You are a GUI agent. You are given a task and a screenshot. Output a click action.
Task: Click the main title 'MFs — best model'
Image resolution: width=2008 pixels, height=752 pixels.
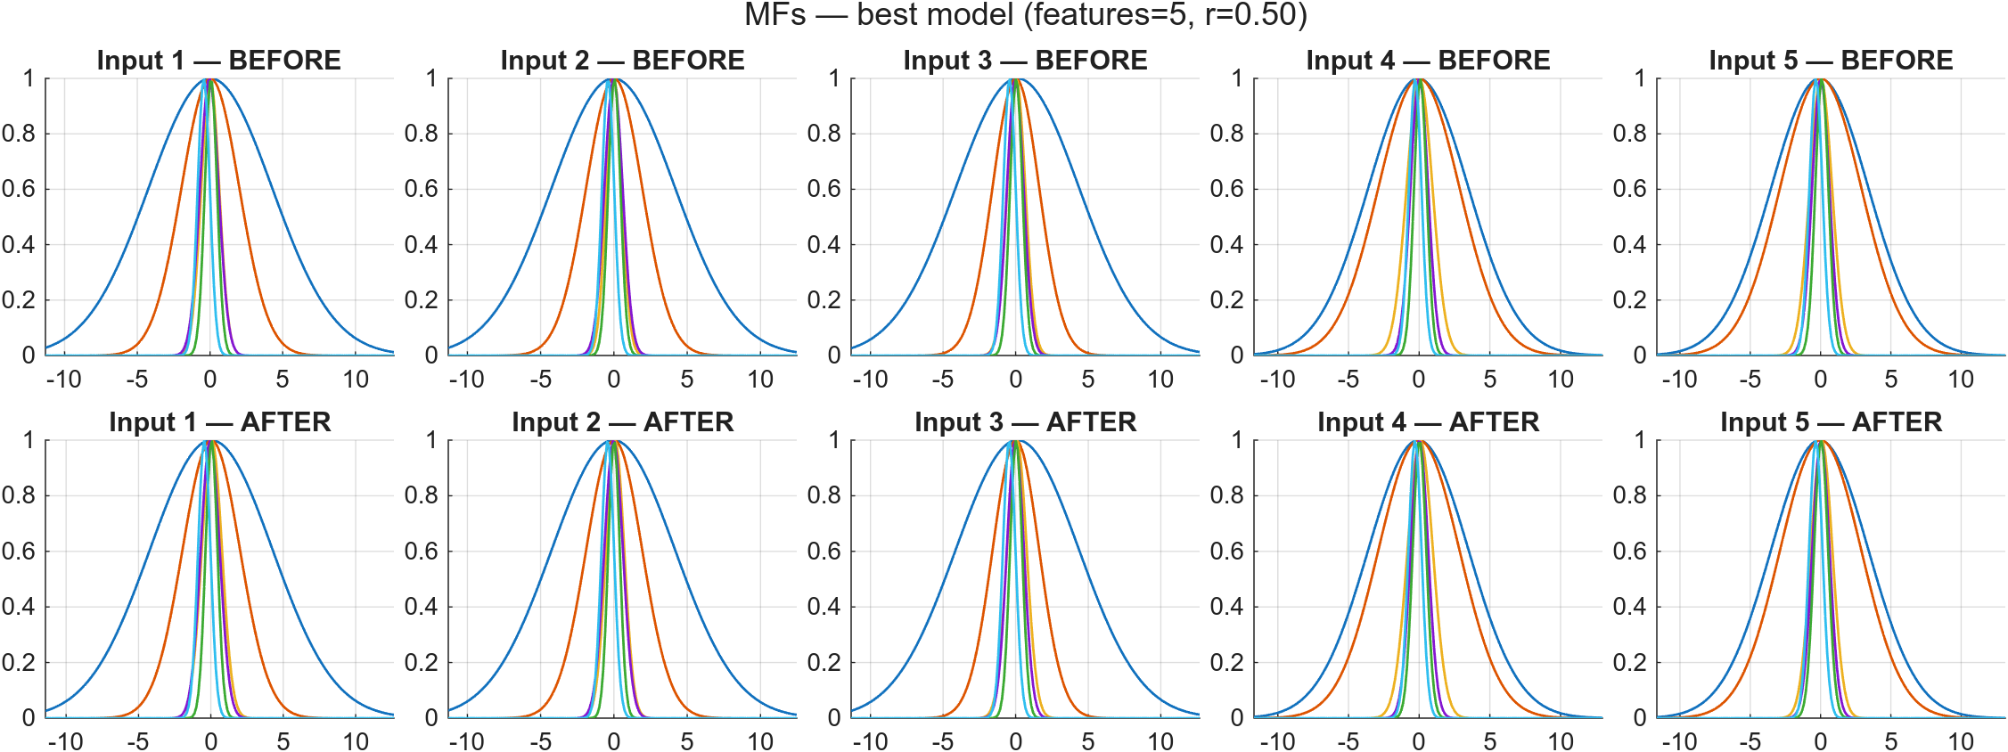(x=1025, y=15)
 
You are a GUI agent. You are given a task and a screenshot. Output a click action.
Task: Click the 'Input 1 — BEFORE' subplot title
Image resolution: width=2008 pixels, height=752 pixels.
(x=218, y=61)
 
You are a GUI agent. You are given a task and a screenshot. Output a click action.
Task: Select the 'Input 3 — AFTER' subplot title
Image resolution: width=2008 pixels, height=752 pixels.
(x=1025, y=422)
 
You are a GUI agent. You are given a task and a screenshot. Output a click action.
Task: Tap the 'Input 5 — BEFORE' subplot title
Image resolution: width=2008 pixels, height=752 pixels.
(x=1831, y=61)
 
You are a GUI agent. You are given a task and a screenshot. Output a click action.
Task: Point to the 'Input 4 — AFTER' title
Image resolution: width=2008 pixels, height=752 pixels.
(x=1428, y=422)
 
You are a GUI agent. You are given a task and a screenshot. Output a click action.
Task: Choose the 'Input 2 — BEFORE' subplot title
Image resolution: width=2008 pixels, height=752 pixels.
(x=622, y=61)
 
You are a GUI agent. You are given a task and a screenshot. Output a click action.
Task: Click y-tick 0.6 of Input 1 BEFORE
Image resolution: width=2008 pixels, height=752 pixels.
(x=20, y=189)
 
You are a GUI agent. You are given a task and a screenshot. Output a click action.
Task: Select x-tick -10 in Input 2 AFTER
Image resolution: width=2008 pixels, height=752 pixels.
(x=466, y=741)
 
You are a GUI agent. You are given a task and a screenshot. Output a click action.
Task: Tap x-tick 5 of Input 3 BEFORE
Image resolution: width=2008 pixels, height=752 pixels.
(x=1088, y=380)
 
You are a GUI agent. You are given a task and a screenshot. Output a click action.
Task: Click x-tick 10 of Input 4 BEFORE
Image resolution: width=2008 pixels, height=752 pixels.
(x=1561, y=380)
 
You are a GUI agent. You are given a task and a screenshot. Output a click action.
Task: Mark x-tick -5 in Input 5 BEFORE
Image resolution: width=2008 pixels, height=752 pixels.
(x=1750, y=380)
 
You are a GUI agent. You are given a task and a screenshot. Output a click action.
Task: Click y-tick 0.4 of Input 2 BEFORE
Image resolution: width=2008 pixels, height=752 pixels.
(x=422, y=245)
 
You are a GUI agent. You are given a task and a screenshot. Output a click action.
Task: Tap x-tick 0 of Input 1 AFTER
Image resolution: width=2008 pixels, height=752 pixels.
(x=211, y=741)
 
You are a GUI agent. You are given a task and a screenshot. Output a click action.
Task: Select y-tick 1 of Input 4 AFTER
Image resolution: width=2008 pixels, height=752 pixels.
(x=1237, y=440)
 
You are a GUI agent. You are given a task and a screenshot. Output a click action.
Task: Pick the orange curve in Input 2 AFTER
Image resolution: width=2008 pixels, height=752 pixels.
(x=568, y=624)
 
